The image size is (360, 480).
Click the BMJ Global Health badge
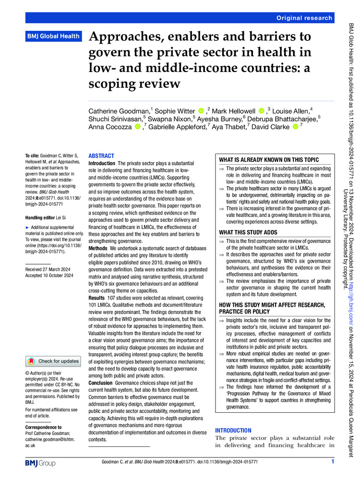pyautogui.click(x=52, y=36)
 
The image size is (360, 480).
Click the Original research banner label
pyautogui.click(x=304, y=18)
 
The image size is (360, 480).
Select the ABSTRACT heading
pyautogui.click(x=101, y=156)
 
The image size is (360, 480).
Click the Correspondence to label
pyautogui.click(x=44, y=426)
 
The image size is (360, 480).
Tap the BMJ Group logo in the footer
pyautogui.click(x=40, y=463)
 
